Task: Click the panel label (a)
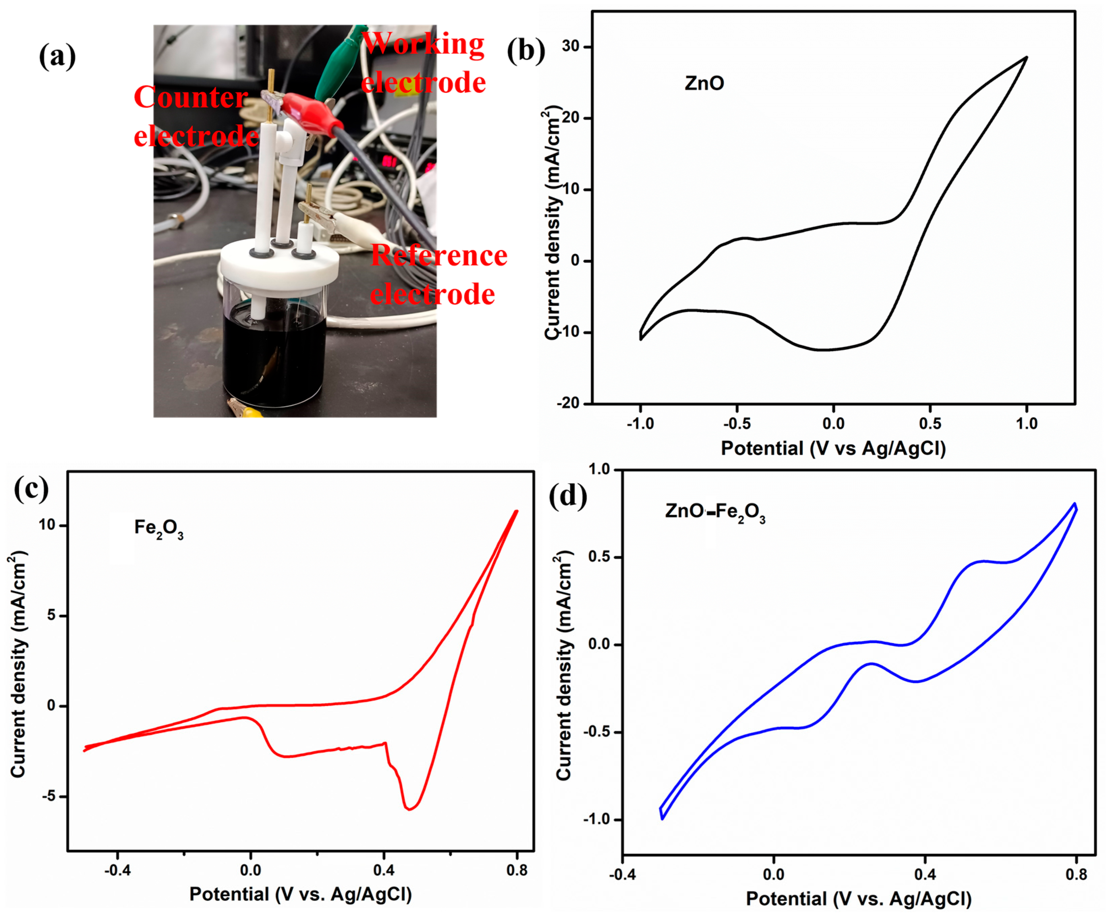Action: (x=57, y=56)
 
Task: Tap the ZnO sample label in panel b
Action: (x=704, y=83)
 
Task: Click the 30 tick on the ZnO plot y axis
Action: (x=570, y=47)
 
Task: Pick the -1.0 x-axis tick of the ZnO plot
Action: (x=640, y=424)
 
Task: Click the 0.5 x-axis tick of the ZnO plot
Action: (x=930, y=424)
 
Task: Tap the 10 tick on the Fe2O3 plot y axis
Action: (x=47, y=525)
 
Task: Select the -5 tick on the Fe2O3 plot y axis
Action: (x=49, y=796)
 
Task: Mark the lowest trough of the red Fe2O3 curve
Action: (x=409, y=809)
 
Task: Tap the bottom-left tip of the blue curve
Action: (x=662, y=819)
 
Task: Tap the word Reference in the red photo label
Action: (x=439, y=256)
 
